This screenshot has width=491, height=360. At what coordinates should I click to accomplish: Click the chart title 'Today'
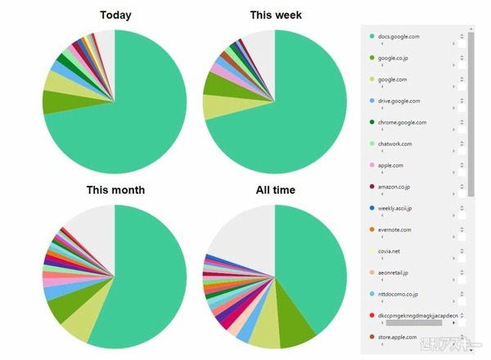pyautogui.click(x=115, y=15)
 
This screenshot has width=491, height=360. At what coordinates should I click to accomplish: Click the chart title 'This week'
pyautogui.click(x=275, y=15)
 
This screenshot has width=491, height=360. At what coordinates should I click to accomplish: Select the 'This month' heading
pyautogui.click(x=115, y=190)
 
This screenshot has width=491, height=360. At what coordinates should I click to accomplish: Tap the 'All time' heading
pyautogui.click(x=275, y=190)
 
